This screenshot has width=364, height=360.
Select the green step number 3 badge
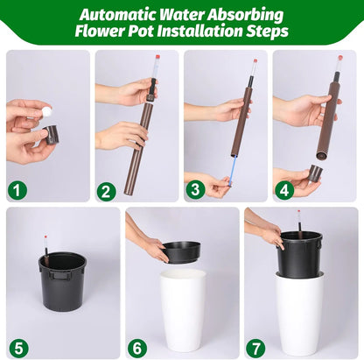pyautogui.click(x=197, y=188)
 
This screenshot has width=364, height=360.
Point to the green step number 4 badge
pyautogui.click(x=285, y=188)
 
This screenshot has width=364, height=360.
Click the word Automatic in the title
pyautogui.click(x=125, y=14)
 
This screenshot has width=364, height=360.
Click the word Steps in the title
pyautogui.click(x=266, y=32)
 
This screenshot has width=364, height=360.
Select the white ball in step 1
pyautogui.click(x=46, y=112)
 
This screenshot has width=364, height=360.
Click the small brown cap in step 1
pyautogui.click(x=52, y=134)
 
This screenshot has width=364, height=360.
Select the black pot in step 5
pyautogui.click(x=62, y=280)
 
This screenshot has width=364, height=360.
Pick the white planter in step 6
pyautogui.click(x=183, y=311)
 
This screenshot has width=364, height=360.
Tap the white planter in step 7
pyautogui.click(x=300, y=315)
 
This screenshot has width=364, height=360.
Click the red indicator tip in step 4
pyautogui.click(x=339, y=59)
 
